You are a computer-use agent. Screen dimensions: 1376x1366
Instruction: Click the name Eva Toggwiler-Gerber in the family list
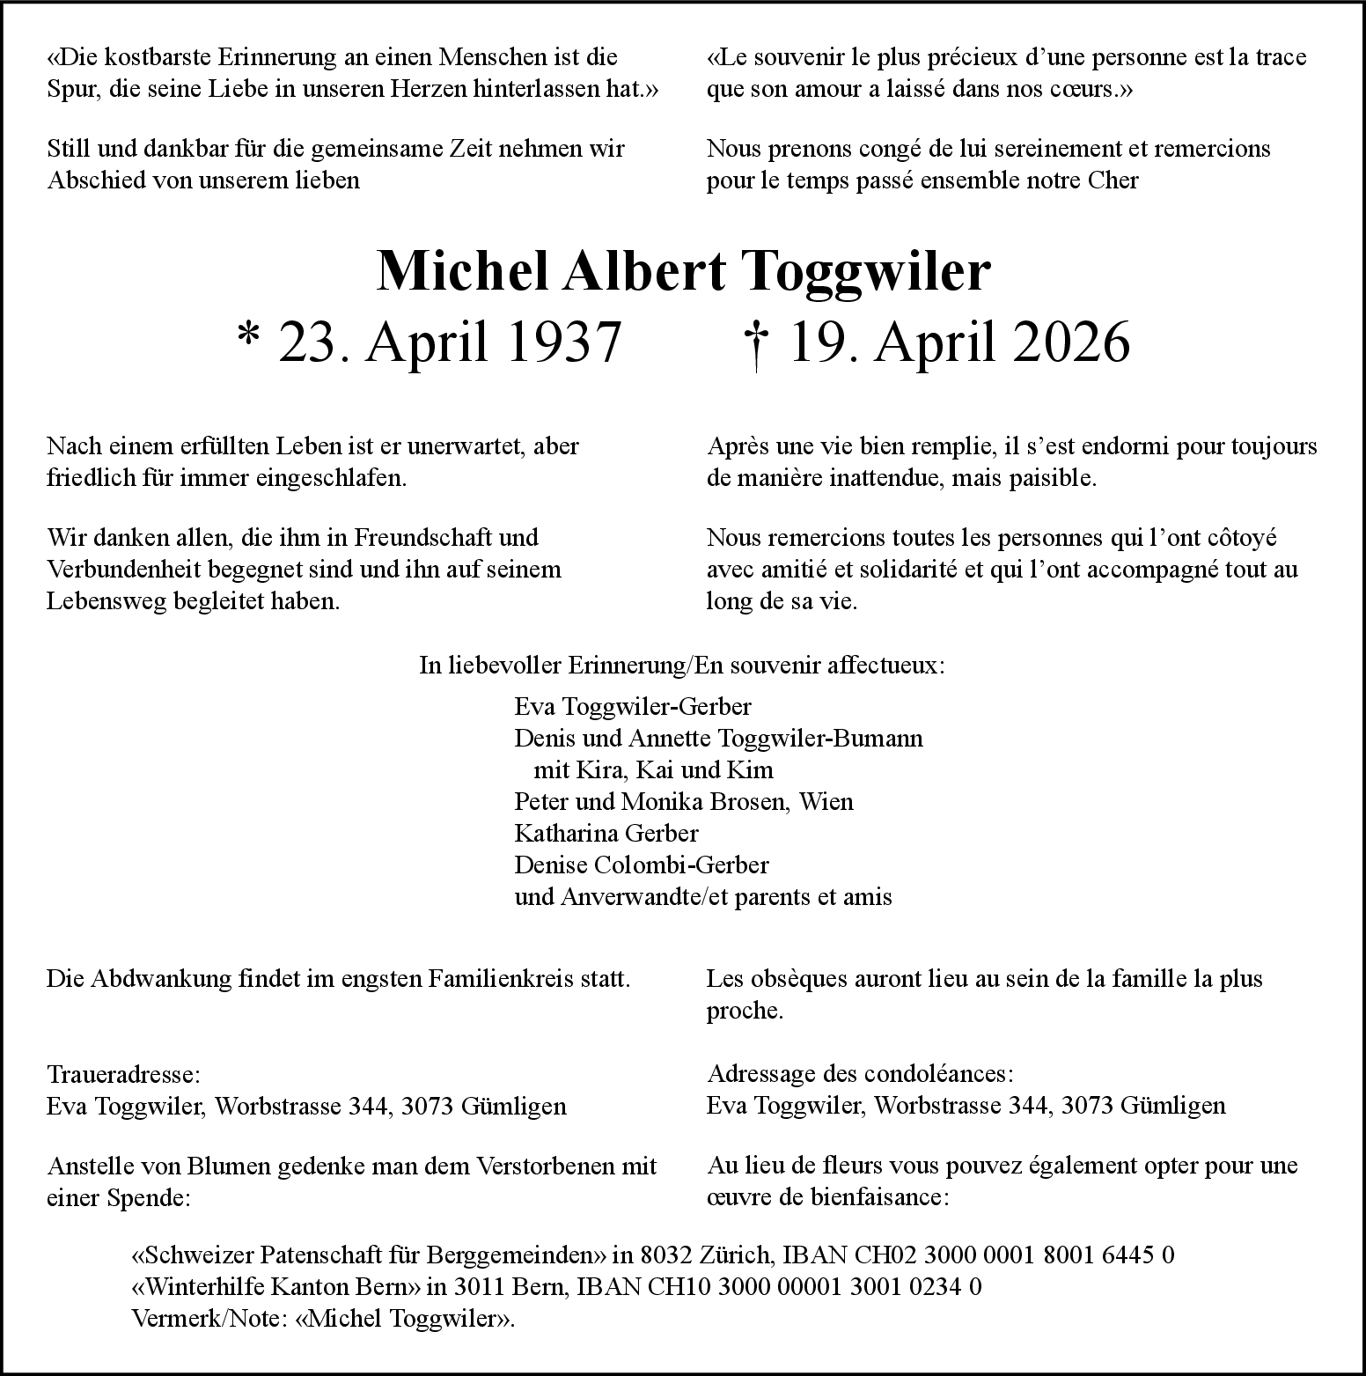(x=632, y=706)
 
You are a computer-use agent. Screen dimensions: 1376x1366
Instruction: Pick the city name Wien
(x=826, y=801)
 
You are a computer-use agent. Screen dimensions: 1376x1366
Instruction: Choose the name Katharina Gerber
(x=606, y=833)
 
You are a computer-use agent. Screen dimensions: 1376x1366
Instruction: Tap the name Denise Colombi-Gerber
(x=641, y=865)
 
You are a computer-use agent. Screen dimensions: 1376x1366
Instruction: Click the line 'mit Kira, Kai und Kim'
(x=653, y=769)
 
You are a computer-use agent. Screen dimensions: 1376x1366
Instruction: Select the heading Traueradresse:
(x=123, y=1074)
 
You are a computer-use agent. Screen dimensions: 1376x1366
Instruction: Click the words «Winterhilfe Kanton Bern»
(x=275, y=1286)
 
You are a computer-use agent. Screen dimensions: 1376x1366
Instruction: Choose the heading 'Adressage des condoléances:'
(x=860, y=1074)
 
